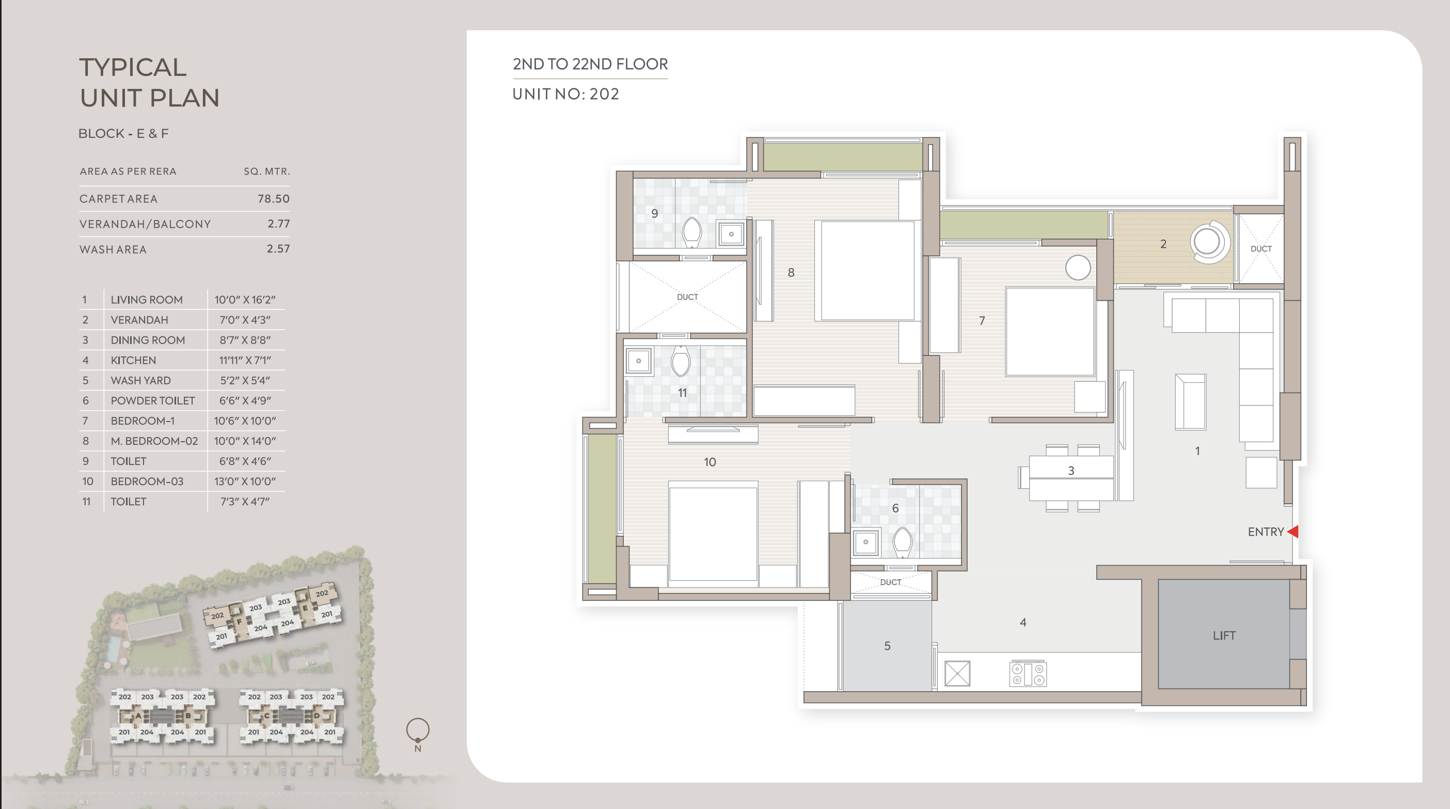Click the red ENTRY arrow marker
(1293, 532)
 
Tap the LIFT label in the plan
(1224, 635)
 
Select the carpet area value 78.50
(274, 199)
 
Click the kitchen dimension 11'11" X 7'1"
(245, 360)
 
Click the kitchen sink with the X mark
(957, 673)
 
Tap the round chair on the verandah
(1209, 242)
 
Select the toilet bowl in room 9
(692, 232)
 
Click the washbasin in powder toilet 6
(866, 542)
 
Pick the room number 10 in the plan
(710, 462)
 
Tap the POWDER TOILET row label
(152, 401)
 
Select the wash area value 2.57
(278, 249)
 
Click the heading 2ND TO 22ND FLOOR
(590, 64)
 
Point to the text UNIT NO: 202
(566, 94)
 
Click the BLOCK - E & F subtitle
(123, 133)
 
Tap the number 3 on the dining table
(1071, 471)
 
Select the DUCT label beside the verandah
(1261, 249)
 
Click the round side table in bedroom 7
(1078, 268)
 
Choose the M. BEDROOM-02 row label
(154, 441)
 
